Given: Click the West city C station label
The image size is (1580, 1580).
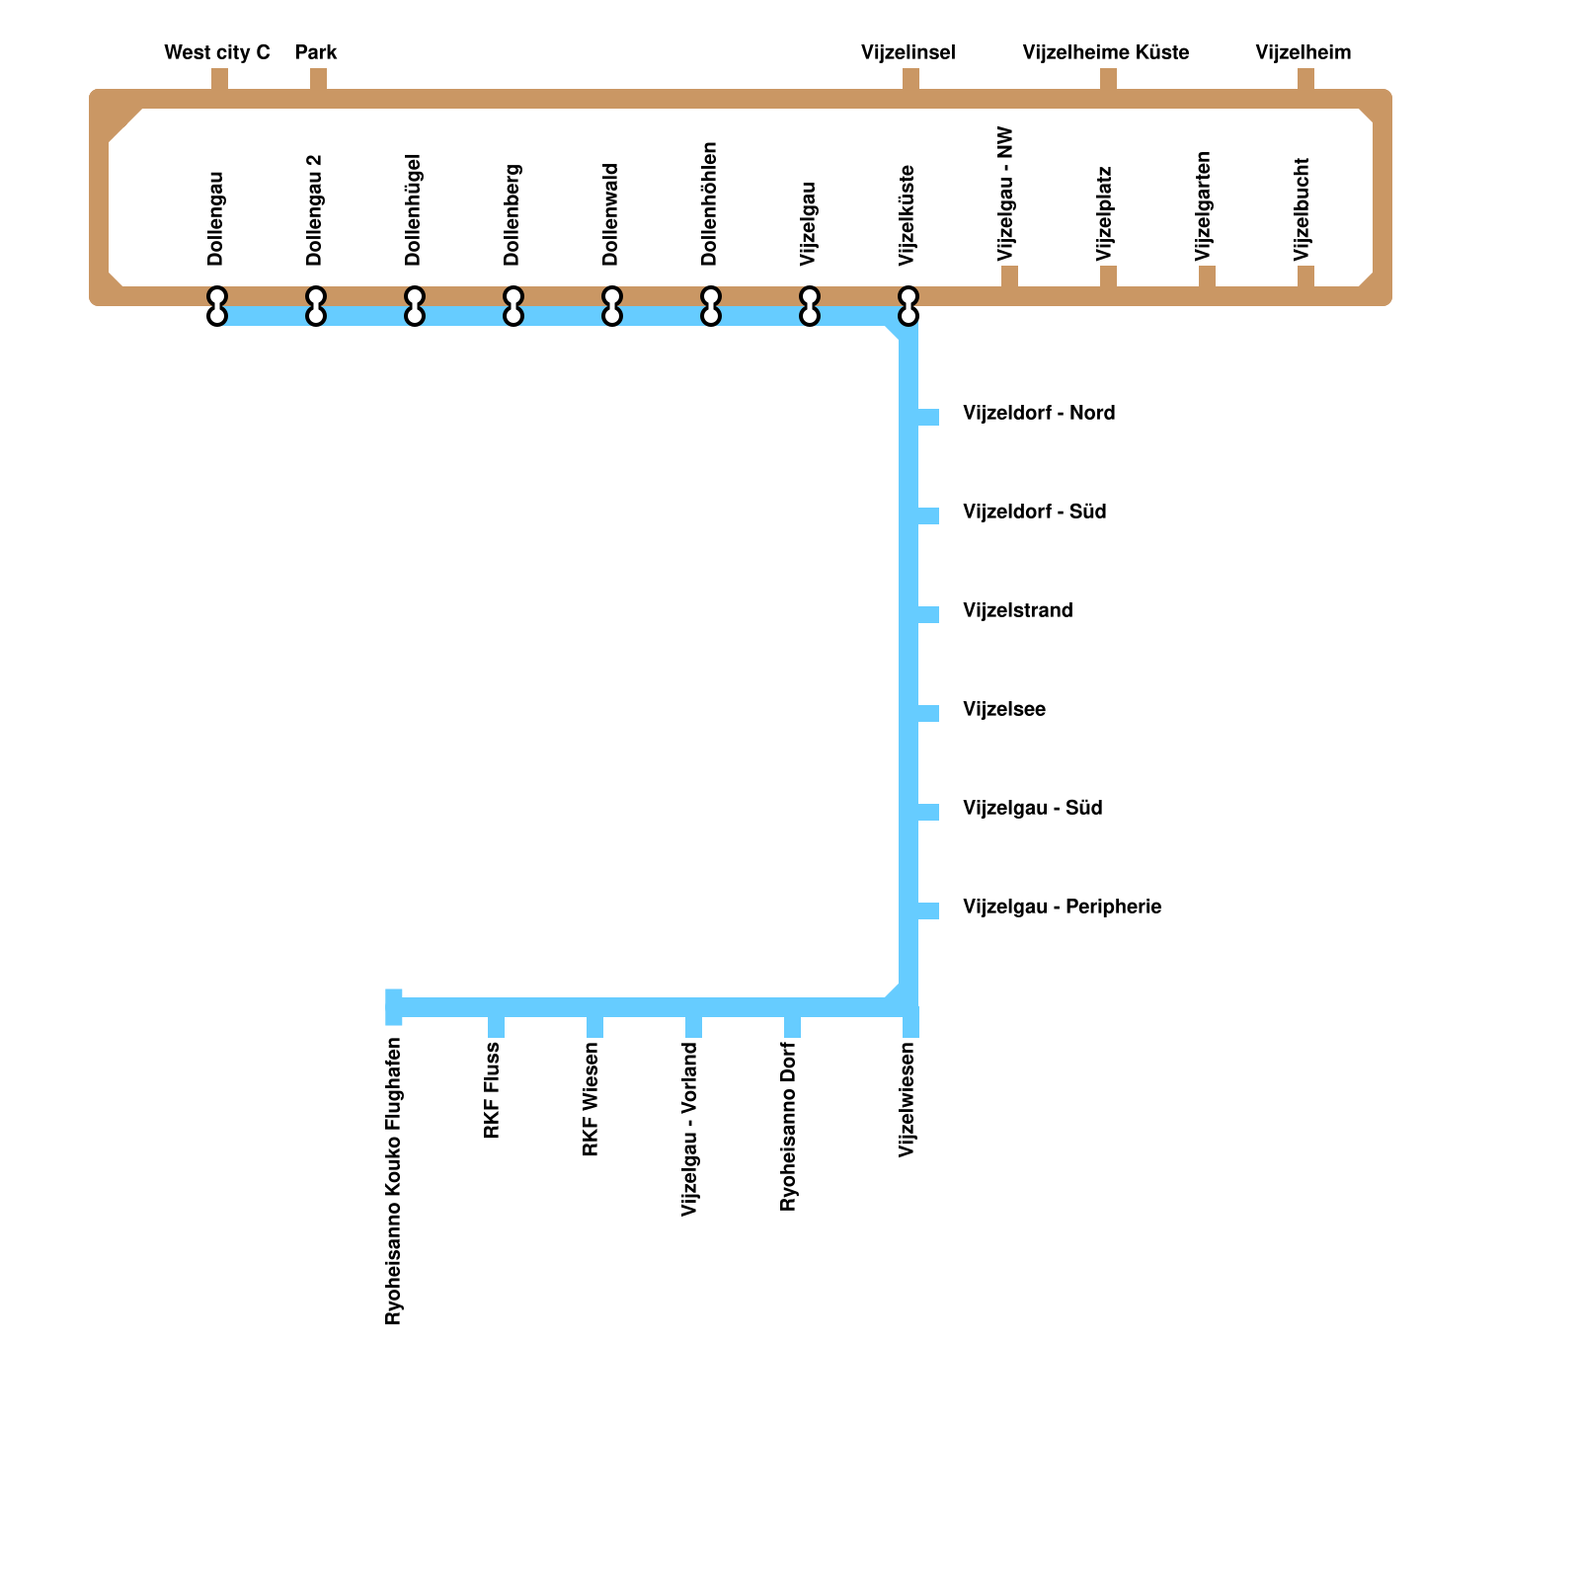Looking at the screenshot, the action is point(217,52).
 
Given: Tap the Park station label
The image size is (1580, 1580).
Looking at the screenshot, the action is point(316,52).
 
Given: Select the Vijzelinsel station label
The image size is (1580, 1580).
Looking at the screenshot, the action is point(908,52).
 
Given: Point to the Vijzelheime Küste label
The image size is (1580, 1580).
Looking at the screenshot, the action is point(1106,52).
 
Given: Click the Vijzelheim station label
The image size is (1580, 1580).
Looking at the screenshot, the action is point(1303,52).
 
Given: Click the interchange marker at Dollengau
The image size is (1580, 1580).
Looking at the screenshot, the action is point(217,306).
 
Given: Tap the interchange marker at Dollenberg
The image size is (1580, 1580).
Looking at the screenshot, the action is point(513,306).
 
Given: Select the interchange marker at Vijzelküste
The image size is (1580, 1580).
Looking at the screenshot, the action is point(908,306).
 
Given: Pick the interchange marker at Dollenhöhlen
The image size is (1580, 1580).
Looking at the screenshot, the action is point(711,306).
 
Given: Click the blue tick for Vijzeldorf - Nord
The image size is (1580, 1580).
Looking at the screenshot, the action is point(928,417).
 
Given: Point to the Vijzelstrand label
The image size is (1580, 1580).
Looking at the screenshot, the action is point(1017,610).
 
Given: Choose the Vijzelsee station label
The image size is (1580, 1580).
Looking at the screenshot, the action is point(1003,709).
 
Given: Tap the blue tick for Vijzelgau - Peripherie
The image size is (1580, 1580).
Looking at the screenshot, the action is point(928,910).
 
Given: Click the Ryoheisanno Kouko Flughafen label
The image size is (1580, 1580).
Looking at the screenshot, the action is point(393,1181).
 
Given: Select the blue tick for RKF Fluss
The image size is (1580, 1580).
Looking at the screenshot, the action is point(496,1027).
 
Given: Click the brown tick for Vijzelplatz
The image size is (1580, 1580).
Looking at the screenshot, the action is point(1108,276).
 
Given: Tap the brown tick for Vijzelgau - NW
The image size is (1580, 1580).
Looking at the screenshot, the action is point(1009,276).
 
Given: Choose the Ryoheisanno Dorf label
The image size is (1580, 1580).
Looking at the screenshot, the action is point(788,1126).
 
